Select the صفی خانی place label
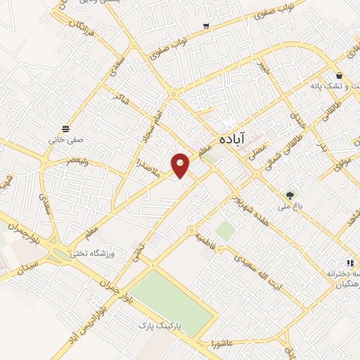65,139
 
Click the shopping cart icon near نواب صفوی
206,26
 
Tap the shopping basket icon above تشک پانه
340,76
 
